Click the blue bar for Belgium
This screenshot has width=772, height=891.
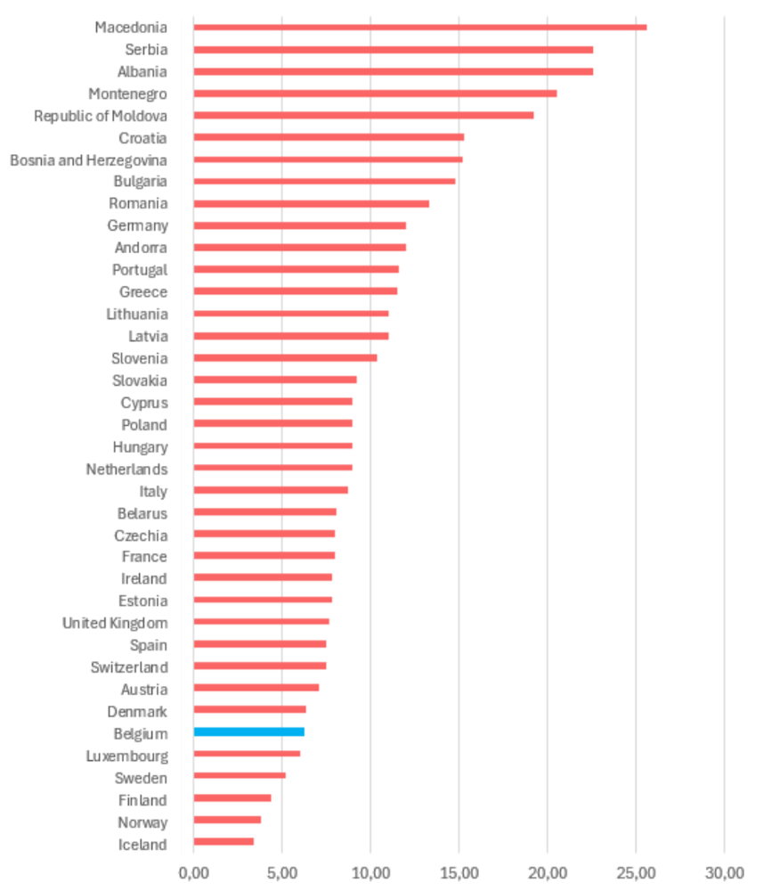click(248, 732)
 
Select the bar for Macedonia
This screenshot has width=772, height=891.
click(419, 28)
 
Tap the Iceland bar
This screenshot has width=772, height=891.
click(223, 842)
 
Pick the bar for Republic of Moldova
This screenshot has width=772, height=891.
click(363, 115)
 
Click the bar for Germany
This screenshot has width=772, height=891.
click(299, 225)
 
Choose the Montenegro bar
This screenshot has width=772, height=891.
click(375, 94)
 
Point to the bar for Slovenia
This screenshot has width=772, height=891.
click(285, 357)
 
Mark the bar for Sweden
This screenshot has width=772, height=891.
click(240, 776)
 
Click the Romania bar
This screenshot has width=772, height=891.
click(312, 203)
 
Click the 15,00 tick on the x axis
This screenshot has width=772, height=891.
click(459, 873)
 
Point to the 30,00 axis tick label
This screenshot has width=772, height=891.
click(724, 873)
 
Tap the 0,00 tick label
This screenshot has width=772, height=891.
click(194, 873)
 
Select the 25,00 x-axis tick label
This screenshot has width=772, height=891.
click(637, 873)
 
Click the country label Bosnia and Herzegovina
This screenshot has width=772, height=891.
click(89, 160)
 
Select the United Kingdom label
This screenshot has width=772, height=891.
click(115, 624)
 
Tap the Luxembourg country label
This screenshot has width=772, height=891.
click(126, 756)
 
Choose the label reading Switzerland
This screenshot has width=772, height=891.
click(129, 667)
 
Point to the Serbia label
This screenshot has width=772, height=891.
click(146, 50)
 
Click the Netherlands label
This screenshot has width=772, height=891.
click(126, 470)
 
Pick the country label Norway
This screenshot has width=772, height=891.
click(142, 822)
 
